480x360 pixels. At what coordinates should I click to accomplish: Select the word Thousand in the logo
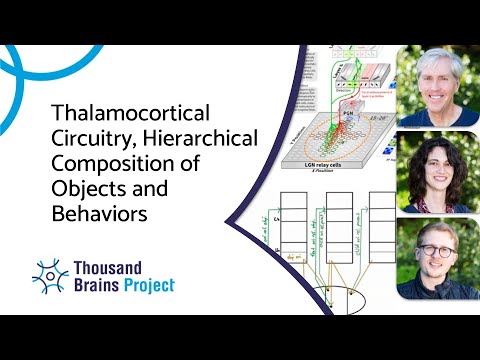pos(110,267)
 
